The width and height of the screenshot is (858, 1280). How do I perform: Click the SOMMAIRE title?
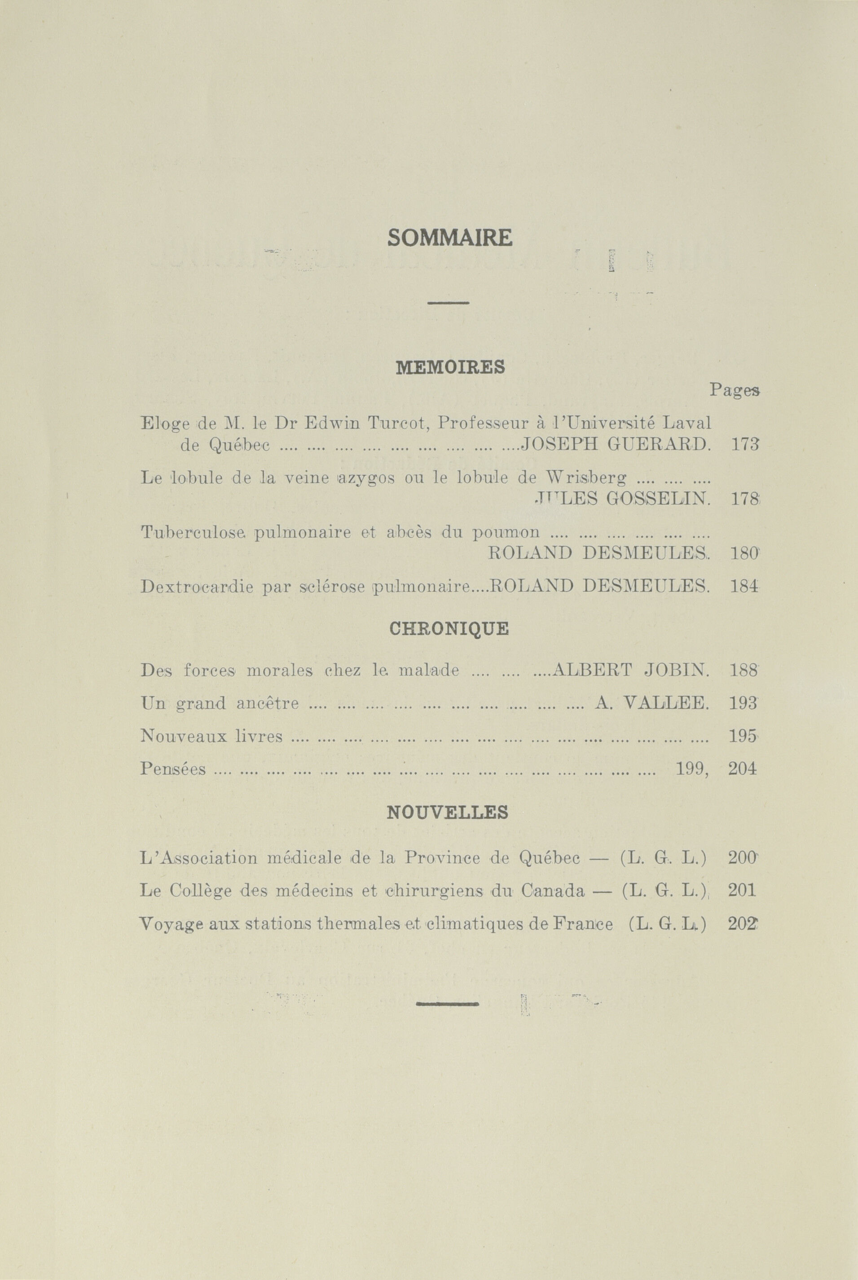(x=450, y=238)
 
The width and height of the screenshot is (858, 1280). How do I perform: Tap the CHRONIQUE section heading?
(x=449, y=629)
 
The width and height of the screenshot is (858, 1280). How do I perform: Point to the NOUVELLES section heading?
(x=447, y=812)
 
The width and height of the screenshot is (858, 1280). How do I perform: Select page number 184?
(x=745, y=587)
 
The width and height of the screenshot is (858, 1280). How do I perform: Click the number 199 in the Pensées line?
(x=691, y=769)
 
